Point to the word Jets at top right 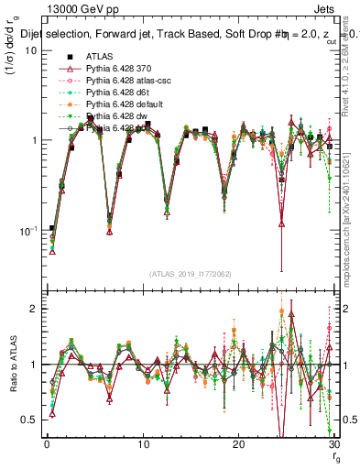click(328, 8)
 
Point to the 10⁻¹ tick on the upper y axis click(29, 231)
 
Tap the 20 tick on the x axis click(238, 445)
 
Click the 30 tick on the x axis click(335, 445)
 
